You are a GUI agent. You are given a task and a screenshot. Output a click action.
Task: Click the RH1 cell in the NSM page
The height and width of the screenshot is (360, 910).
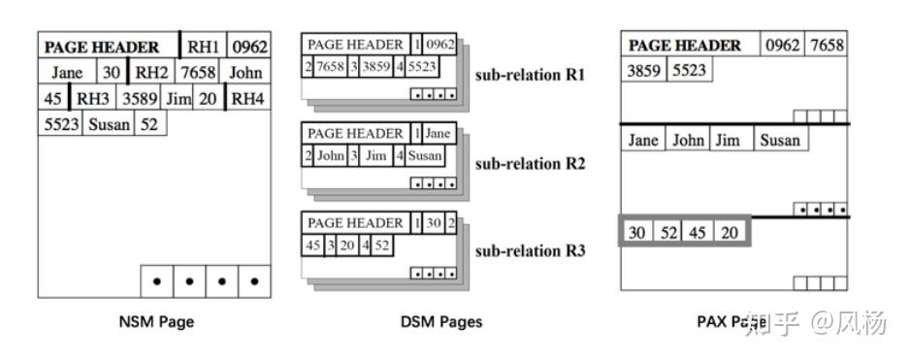click(204, 47)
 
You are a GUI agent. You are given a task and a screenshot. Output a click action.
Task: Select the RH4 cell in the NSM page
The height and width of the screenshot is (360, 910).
click(248, 98)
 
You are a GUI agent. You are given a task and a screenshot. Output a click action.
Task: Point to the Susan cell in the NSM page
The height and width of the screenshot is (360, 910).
click(109, 124)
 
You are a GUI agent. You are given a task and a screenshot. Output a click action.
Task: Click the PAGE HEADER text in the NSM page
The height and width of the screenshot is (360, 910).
click(102, 47)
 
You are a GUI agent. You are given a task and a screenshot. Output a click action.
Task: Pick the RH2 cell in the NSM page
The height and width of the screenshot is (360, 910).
click(151, 72)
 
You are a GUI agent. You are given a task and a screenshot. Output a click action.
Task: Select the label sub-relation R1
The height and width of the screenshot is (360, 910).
click(530, 75)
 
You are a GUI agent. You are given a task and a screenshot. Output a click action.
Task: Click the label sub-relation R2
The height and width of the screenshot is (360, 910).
click(530, 163)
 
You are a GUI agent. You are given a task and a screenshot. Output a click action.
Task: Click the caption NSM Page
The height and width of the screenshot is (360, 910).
click(154, 321)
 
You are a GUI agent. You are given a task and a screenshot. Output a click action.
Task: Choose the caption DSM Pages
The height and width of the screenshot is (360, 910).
click(440, 321)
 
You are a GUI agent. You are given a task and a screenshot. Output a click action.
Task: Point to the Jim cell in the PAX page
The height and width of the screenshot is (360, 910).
click(727, 140)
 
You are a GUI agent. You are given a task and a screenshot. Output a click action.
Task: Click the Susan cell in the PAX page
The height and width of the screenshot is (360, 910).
click(780, 140)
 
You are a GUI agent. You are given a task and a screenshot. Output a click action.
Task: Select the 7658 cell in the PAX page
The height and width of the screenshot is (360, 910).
click(827, 46)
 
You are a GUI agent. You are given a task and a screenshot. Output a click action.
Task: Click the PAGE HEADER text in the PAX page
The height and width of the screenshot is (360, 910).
click(685, 46)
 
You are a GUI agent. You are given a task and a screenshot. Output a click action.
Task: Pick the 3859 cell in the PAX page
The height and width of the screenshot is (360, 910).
click(643, 71)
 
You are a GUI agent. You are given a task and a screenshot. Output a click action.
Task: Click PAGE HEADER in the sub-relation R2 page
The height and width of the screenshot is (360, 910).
click(354, 133)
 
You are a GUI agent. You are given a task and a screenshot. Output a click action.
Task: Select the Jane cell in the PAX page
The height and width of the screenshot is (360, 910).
click(642, 140)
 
